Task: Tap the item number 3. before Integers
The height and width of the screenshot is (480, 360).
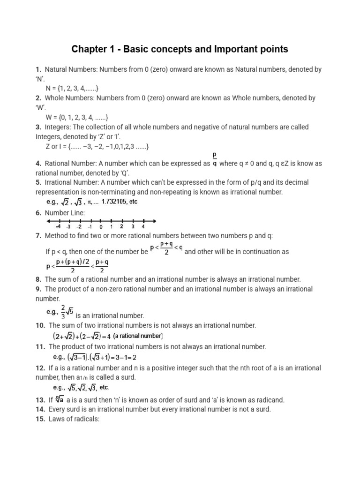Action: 39,127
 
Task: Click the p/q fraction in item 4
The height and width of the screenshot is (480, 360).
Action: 215,159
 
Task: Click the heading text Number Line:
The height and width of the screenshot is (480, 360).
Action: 65,213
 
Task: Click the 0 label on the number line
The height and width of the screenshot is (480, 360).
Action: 101,227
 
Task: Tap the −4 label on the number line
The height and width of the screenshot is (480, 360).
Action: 58,227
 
